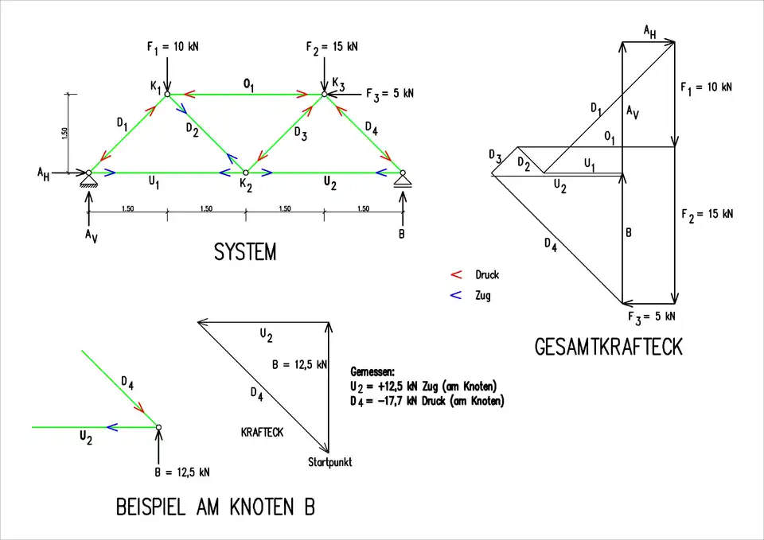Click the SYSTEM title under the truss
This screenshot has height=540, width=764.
pos(245,253)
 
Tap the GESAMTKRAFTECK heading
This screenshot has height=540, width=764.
pos(609,348)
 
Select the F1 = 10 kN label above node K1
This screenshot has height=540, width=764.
pos(173,47)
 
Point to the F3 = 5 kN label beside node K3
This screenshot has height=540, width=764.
pos(390,94)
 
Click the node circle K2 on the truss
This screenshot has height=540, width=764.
pos(246,173)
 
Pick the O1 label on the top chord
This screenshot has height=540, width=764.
pos(249,83)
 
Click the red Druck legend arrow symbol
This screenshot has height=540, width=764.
pos(456,275)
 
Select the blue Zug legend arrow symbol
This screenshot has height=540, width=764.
pos(456,296)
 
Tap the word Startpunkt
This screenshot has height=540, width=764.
pos(329,462)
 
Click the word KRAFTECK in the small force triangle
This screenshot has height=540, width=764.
pos(262,432)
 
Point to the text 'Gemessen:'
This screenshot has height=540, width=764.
pos(372,371)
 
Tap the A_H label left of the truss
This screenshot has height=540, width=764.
pos(43,173)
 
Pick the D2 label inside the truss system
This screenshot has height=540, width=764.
pos(193,129)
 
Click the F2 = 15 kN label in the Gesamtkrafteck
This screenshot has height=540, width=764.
pos(707,214)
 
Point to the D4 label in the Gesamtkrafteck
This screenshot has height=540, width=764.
pos(551,245)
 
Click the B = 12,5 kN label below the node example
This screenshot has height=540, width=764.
pos(182,472)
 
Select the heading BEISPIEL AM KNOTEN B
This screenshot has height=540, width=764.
pos(215,507)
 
